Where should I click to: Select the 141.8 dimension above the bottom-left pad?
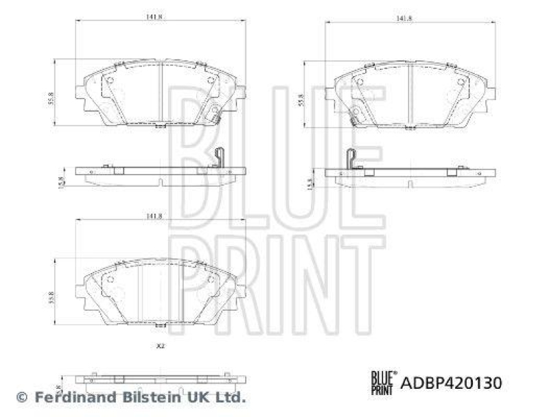[x=154, y=216]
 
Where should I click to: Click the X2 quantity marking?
[x=159, y=346]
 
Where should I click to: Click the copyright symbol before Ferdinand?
[x=21, y=396]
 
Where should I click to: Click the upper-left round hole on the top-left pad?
[x=108, y=82]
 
